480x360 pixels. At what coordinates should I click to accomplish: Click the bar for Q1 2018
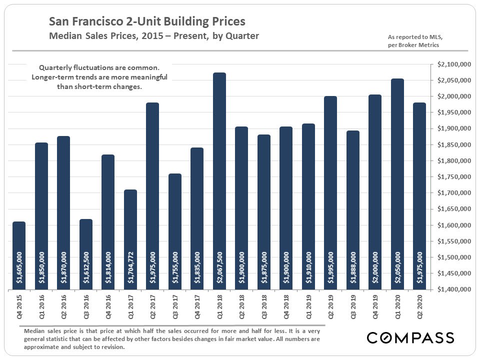219,180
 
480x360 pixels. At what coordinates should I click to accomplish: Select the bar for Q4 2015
19,255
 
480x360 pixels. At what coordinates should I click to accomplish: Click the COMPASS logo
410,337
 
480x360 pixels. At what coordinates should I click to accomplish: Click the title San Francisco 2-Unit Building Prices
147,22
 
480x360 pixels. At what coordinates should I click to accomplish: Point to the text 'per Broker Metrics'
413,45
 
